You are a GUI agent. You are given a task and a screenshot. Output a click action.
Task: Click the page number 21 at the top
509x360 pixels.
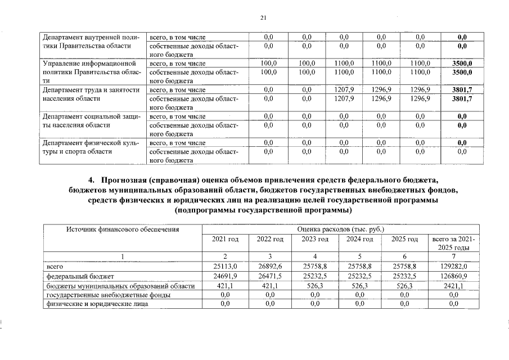point(263,18)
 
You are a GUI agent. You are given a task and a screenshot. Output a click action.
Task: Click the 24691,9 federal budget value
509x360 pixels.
point(225,276)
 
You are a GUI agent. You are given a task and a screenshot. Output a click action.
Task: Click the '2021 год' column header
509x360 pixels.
point(225,240)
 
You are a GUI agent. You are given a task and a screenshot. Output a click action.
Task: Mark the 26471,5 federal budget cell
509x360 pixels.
point(269,276)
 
